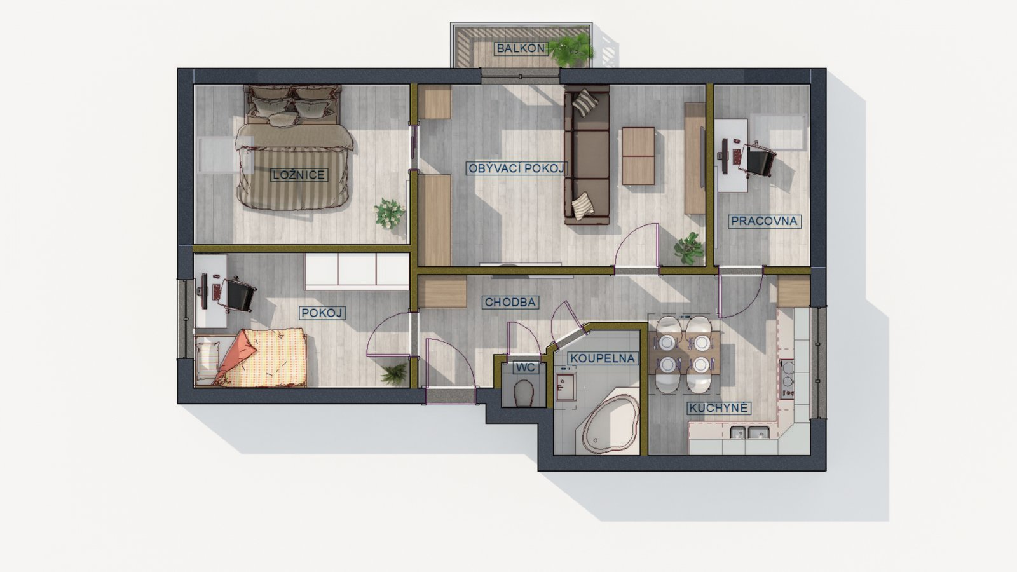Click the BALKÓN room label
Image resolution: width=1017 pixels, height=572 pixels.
coord(521,48)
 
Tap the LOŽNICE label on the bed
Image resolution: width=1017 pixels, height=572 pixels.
coord(299,175)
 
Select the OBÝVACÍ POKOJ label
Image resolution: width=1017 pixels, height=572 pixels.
coord(517,169)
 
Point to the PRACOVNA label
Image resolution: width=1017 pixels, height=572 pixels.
coord(764,221)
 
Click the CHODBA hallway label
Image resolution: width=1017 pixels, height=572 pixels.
coord(510,303)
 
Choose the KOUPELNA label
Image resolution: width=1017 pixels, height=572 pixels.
coord(603,358)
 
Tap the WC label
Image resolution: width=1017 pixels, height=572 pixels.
coord(526,367)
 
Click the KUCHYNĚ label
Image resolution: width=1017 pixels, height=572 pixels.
coord(718,408)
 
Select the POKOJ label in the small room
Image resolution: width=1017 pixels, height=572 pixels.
coord(322,313)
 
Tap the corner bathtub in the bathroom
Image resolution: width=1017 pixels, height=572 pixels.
coord(608,425)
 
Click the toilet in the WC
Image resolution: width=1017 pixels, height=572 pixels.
coord(524,393)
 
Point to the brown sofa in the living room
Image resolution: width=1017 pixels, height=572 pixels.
coord(587,155)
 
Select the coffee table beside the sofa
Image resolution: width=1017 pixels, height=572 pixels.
coord(638,156)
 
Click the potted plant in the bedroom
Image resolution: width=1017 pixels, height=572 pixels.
coord(389,214)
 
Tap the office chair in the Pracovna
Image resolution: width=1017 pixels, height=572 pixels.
coord(759,160)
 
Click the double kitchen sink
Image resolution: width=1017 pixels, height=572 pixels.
coord(749,433)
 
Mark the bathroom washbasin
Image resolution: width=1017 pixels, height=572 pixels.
coord(566,387)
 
